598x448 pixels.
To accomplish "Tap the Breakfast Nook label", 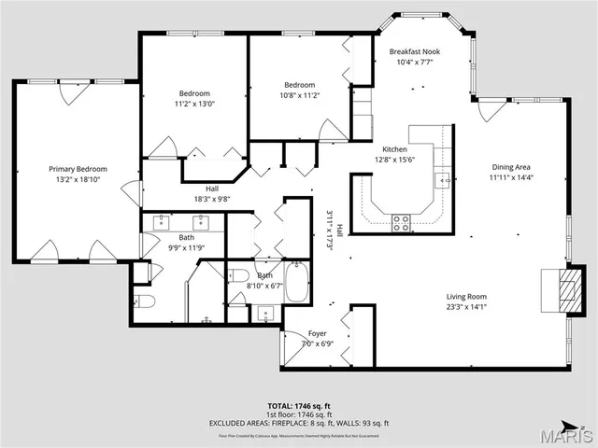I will click(416, 53).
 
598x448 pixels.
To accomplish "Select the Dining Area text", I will click(511, 168).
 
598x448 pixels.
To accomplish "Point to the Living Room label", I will click(466, 297).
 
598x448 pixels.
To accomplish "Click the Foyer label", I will click(317, 333).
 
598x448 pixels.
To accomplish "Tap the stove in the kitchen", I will click(401, 222).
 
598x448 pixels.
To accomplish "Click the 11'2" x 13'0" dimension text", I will click(194, 105).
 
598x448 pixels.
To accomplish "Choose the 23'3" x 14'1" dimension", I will click(466, 307).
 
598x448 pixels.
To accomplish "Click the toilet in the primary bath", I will click(143, 301).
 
